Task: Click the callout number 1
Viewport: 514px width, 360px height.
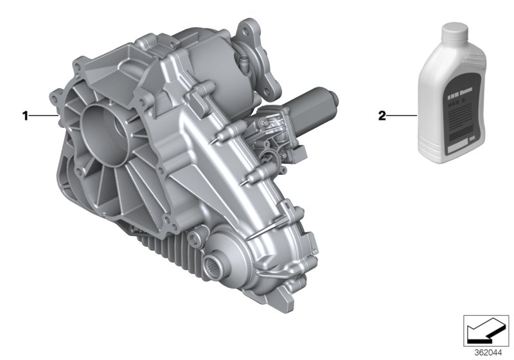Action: pos(25,116)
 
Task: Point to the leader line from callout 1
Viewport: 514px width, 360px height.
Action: pos(44,116)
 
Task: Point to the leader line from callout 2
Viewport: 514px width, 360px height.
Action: pos(402,116)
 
